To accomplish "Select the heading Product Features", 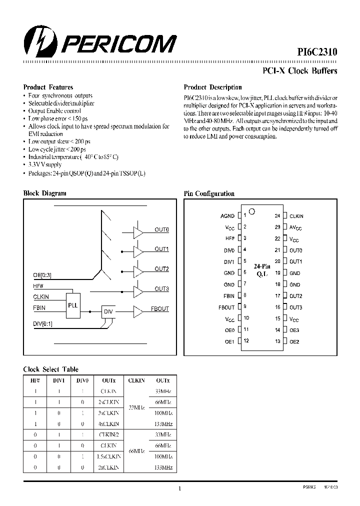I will (48, 87).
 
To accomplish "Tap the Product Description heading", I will (212, 87).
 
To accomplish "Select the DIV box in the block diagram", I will (108, 311).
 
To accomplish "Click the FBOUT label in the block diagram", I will (160, 309).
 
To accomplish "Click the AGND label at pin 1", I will (227, 216).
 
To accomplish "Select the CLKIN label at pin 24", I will (296, 216).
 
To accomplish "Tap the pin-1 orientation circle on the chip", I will (252, 211).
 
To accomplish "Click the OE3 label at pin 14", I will (294, 330).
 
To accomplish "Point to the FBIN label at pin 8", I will (228, 296).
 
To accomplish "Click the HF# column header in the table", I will (35, 380).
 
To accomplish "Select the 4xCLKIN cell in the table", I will (108, 423).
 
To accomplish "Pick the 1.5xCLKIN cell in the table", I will (108, 456).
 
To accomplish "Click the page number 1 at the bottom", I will (179, 489).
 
